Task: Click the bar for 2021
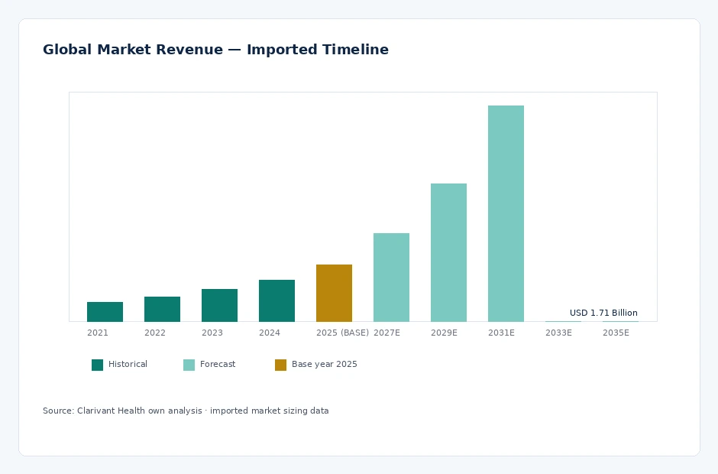click(105, 312)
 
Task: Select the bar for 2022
click(162, 309)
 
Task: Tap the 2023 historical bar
click(219, 305)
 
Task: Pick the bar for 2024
click(277, 300)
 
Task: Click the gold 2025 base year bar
click(334, 293)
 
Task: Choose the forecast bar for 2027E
click(391, 278)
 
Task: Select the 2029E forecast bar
click(448, 252)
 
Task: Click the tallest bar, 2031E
click(506, 213)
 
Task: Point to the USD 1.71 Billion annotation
click(603, 313)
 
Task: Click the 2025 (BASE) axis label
click(342, 333)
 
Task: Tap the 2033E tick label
click(558, 333)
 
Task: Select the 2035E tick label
click(616, 333)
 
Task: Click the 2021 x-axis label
click(98, 333)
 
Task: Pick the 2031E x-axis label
click(501, 333)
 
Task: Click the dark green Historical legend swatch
click(97, 365)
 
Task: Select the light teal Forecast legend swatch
click(189, 365)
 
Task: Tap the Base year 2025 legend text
click(324, 364)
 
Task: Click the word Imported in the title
click(280, 50)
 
